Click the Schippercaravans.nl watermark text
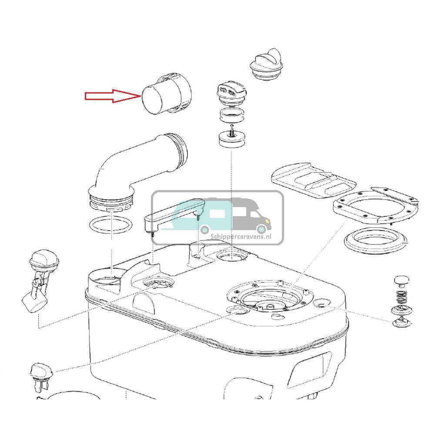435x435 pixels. pyautogui.click(x=241, y=237)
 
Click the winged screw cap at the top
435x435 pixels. pyautogui.click(x=267, y=65)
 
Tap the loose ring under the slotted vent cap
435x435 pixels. pyautogui.click(x=232, y=115)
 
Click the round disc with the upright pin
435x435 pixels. pyautogui.click(x=232, y=139)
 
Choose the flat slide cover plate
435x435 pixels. pyautogui.click(x=314, y=181)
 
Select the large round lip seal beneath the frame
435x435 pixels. pyautogui.click(x=376, y=241)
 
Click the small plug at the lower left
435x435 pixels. pyautogui.click(x=41, y=378)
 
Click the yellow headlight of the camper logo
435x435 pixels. pyautogui.click(x=267, y=221)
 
